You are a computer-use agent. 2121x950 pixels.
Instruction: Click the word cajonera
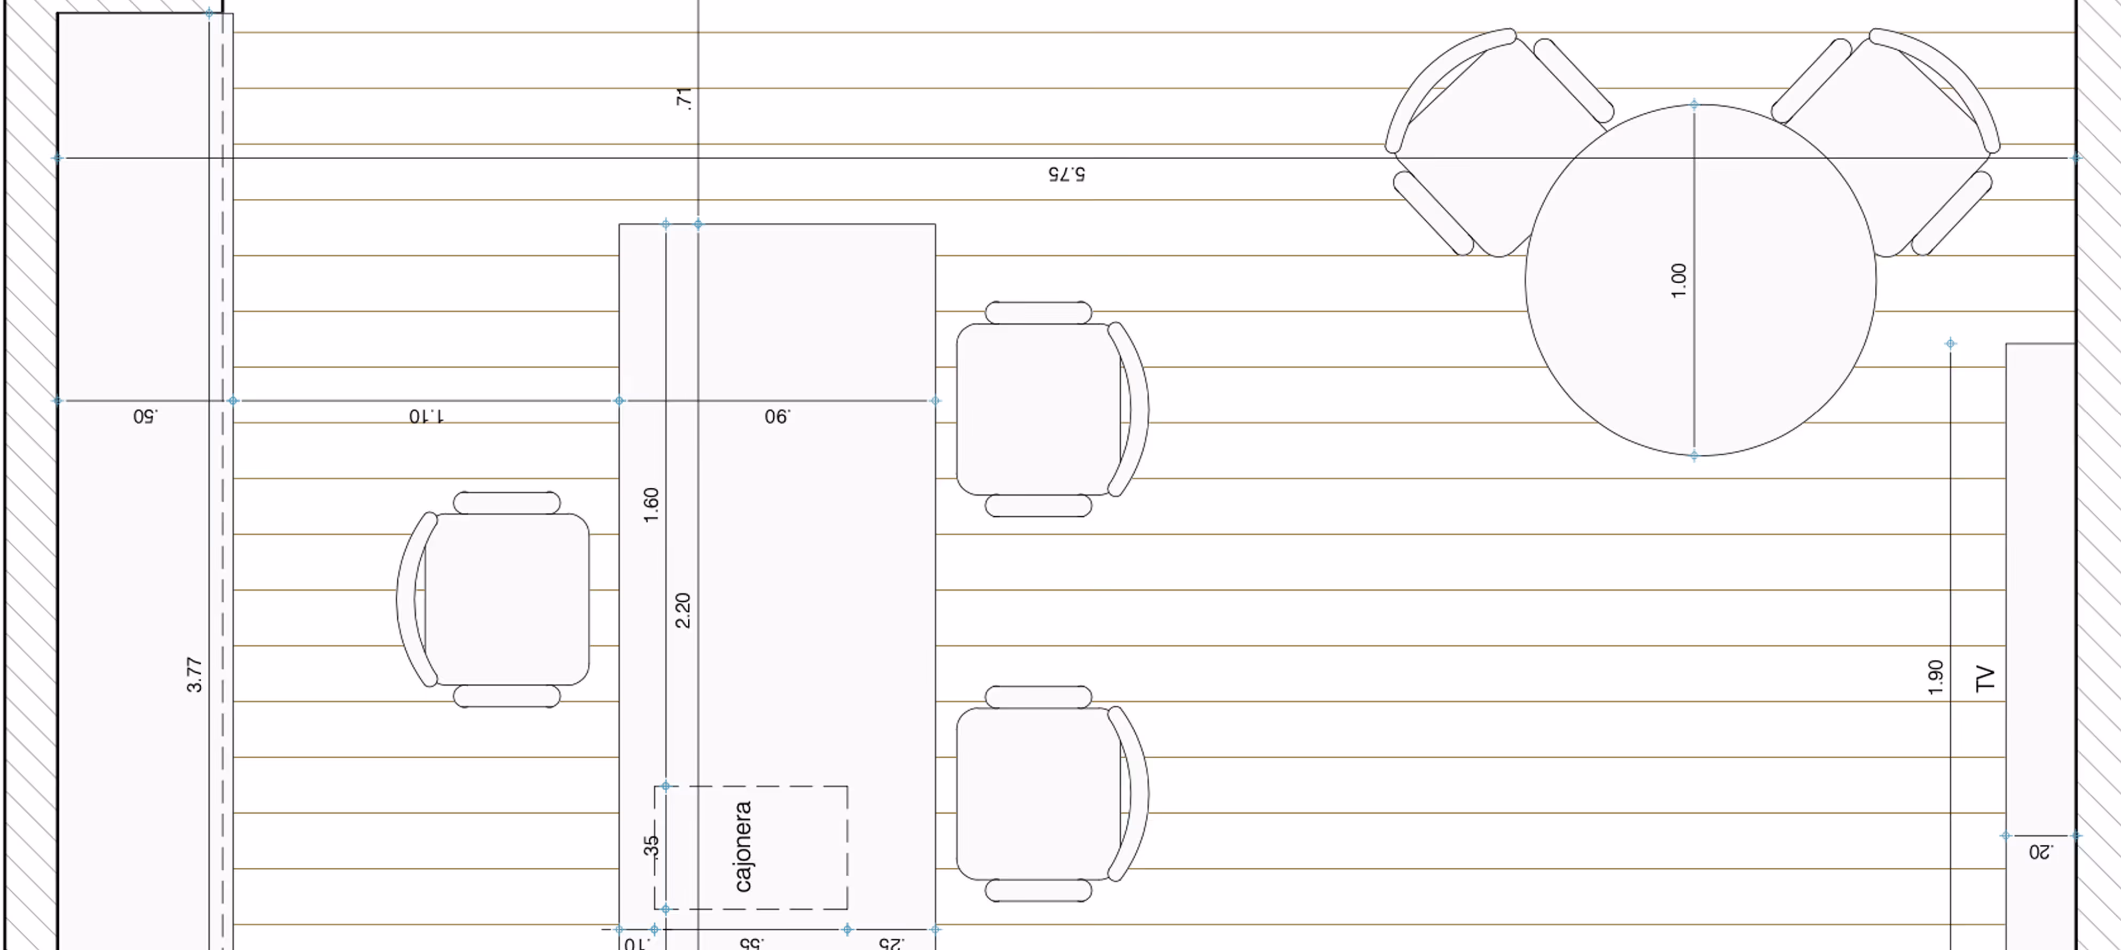point(743,846)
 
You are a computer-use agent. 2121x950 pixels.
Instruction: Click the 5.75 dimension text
point(1066,174)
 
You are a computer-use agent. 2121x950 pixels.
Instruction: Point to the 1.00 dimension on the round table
point(1679,280)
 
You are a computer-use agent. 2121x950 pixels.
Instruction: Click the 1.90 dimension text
point(1936,678)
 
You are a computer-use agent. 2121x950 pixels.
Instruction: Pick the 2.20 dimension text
point(682,611)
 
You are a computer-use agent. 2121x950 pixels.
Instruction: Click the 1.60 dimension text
point(650,505)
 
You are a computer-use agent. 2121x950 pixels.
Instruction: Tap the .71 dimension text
point(684,98)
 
